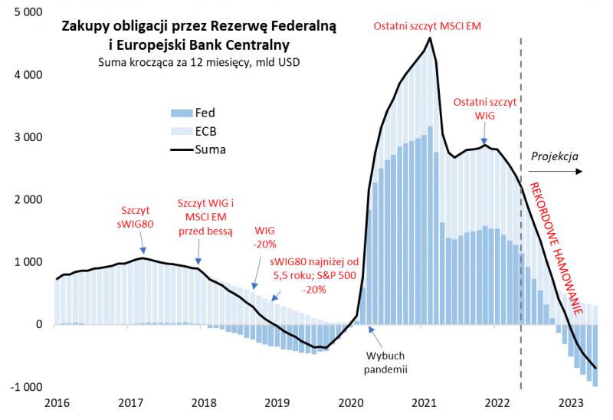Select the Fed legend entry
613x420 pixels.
coord(195,113)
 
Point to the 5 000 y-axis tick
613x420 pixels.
coord(28,13)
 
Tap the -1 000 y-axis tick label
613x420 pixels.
coord(27,387)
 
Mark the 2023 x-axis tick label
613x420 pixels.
coord(570,402)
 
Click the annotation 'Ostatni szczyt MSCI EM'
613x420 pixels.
coord(427,26)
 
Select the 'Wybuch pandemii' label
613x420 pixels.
coord(385,363)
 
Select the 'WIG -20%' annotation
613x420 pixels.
coord(264,237)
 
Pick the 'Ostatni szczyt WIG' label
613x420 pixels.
coord(485,108)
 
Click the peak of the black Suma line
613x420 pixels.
coord(430,38)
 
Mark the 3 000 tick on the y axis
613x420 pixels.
coord(28,137)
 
